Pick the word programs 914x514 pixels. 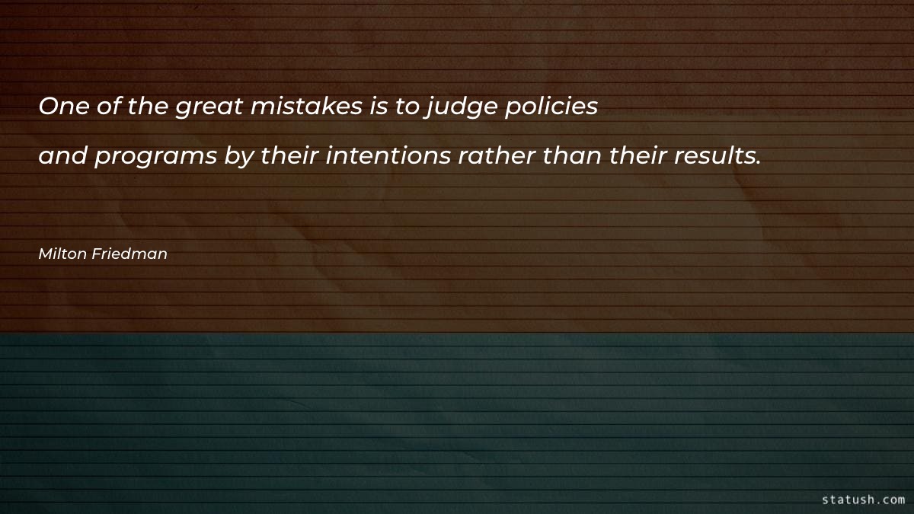157,157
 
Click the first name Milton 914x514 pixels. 62,254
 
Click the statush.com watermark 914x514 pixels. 864,500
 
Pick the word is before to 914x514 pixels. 379,107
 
